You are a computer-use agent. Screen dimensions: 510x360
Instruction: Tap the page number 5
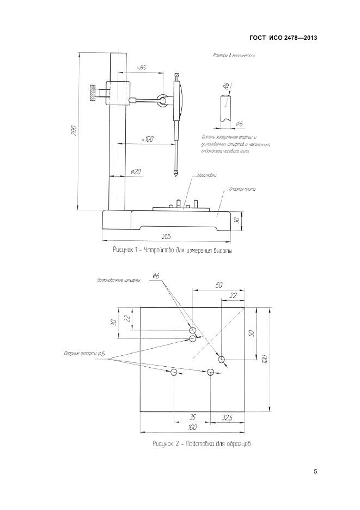pyautogui.click(x=315, y=471)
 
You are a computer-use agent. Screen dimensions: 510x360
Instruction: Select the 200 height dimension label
pyautogui.click(x=74, y=130)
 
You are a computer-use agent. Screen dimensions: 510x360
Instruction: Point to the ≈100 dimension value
pyautogui.click(x=147, y=139)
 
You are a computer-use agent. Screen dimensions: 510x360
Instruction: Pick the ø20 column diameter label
pyautogui.click(x=136, y=172)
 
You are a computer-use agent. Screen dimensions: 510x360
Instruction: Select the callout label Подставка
pyautogui.click(x=207, y=175)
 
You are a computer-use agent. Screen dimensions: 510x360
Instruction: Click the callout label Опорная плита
pyautogui.click(x=240, y=189)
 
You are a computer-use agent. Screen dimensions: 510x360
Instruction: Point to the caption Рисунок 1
pyautogui.click(x=172, y=250)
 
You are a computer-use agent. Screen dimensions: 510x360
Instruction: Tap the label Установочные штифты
pyautogui.click(x=118, y=280)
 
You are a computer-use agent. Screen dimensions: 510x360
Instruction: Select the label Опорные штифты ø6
pyautogui.click(x=84, y=353)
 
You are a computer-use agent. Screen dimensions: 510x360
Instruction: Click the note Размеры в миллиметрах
pyautogui.click(x=234, y=56)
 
